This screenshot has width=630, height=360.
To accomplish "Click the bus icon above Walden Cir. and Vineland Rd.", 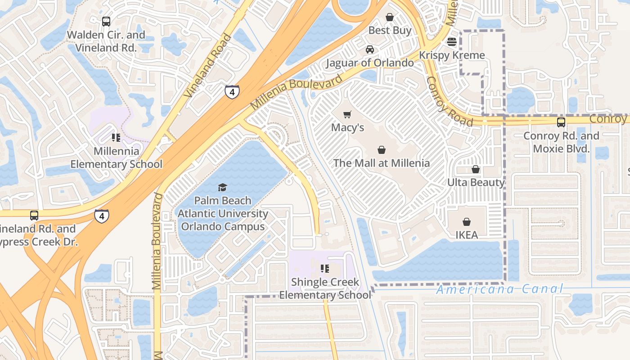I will pyautogui.click(x=106, y=21).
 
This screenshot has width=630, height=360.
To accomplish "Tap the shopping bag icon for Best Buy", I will pyautogui.click(x=390, y=17).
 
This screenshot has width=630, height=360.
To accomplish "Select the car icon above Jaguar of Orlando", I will pyautogui.click(x=369, y=49).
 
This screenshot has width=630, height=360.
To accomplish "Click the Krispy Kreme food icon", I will pyautogui.click(x=452, y=42).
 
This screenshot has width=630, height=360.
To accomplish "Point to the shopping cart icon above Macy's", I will pyautogui.click(x=347, y=114).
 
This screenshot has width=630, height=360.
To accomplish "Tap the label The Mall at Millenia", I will pyautogui.click(x=381, y=163).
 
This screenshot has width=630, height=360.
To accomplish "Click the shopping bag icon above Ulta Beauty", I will pyautogui.click(x=476, y=169).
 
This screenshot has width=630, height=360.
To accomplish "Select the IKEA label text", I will pyautogui.click(x=466, y=235).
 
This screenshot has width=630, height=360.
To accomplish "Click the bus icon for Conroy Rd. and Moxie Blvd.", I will pyautogui.click(x=561, y=122).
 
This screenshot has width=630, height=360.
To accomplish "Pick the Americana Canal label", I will pyautogui.click(x=499, y=289).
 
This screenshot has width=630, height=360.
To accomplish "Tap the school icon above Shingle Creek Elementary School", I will pyautogui.click(x=324, y=269).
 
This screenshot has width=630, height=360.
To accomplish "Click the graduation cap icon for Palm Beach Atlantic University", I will pyautogui.click(x=222, y=187).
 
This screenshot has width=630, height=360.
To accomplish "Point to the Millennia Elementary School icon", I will pyautogui.click(x=116, y=138).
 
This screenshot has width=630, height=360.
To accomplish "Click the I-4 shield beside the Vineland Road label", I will pyautogui.click(x=232, y=92).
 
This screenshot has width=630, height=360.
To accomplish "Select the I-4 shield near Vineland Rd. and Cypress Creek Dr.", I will pyautogui.click(x=102, y=216).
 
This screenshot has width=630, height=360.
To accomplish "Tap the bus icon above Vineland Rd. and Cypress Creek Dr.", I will pyautogui.click(x=34, y=216).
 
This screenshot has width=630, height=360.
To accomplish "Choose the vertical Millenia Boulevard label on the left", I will pyautogui.click(x=157, y=241).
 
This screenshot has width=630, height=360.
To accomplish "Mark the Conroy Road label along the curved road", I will pyautogui.click(x=449, y=102).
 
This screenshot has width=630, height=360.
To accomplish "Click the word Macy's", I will pyautogui.click(x=347, y=127).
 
